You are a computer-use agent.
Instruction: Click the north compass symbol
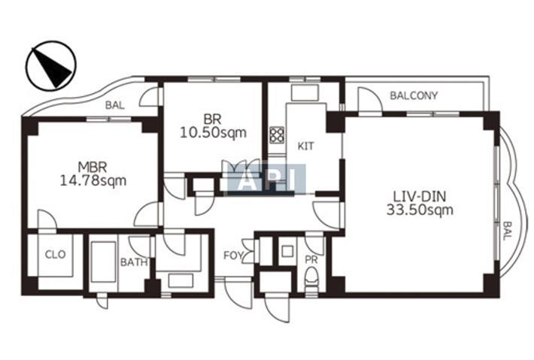[x=51, y=65]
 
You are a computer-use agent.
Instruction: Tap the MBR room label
[x=93, y=167]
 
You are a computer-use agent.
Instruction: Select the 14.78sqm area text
[x=93, y=180]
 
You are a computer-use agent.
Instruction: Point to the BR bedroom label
[x=213, y=119]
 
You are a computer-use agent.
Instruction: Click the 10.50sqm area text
[x=213, y=133]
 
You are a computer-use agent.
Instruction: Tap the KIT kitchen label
[x=305, y=147]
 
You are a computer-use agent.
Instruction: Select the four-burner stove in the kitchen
[x=277, y=135]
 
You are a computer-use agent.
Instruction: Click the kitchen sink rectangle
[x=305, y=92]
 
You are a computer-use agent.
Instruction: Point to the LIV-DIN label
[x=419, y=197]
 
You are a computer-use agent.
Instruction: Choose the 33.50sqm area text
[x=420, y=210]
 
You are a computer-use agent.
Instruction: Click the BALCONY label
[x=414, y=95]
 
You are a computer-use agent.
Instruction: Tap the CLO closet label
[x=55, y=254]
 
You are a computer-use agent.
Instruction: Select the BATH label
[x=134, y=262]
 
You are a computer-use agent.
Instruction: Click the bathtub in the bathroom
[x=104, y=262]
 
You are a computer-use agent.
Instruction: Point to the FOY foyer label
[x=233, y=256]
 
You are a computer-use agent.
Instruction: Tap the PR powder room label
[x=311, y=260]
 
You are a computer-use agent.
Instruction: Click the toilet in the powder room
[x=311, y=278]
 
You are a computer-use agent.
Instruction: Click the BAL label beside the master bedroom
[x=115, y=105]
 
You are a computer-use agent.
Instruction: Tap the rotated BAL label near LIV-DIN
[x=507, y=231]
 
